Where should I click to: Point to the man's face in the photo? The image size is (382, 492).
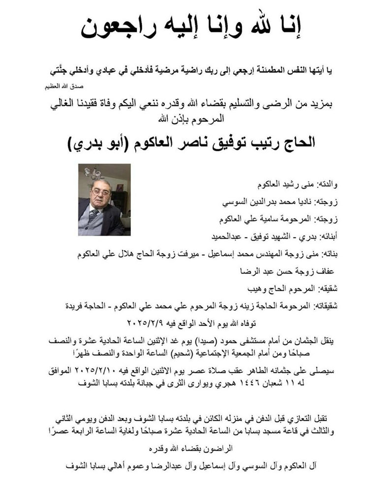coord(99,191)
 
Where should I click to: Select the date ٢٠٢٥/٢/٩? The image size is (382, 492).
coord(146,323)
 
